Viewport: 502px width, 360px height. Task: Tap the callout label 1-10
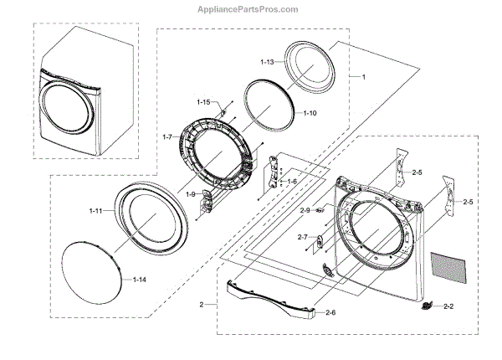point(310,112)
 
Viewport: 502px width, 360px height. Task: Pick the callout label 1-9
point(191,194)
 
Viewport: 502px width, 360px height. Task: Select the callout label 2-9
point(305,210)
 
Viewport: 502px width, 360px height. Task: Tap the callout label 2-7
point(302,238)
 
